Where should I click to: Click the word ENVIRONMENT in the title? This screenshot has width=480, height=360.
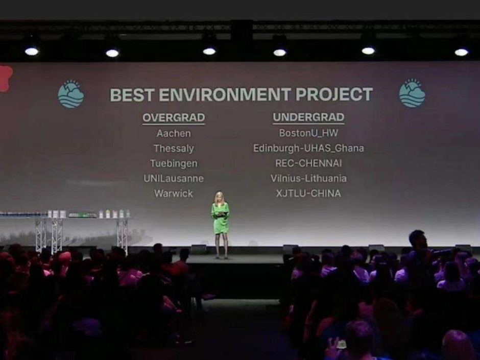225,94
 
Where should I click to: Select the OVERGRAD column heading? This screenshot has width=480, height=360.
174,118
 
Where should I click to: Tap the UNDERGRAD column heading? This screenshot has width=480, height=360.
308,117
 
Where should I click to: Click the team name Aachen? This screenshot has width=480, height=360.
174,133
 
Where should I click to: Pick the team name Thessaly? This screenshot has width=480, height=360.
174,149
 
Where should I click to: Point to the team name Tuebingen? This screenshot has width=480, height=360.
174,163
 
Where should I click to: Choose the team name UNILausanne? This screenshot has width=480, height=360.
174,179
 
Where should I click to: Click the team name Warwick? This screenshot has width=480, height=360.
174,194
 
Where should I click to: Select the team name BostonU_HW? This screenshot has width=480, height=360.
308,133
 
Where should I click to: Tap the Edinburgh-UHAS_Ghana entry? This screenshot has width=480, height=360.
308,148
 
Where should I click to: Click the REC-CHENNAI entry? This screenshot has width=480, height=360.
308,163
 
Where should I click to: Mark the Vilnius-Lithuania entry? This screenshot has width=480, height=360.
308,178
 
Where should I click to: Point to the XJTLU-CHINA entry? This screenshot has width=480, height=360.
308,194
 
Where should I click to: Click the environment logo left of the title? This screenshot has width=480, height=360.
70,94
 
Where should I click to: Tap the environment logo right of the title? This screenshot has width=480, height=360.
412,93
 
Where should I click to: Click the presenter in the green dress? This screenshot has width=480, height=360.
220,225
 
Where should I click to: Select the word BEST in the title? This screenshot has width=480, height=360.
132,95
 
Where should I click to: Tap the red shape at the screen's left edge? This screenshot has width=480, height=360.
6,78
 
